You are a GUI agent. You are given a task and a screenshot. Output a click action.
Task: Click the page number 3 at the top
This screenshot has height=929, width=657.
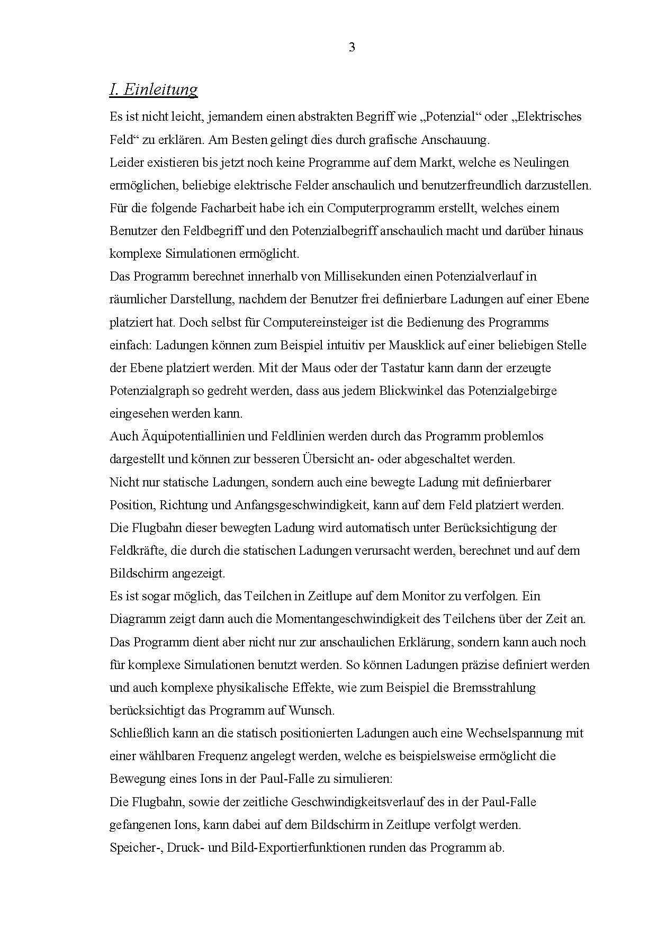coord(352,48)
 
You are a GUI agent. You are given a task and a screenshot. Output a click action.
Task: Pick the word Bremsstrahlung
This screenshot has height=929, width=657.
coord(493,688)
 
